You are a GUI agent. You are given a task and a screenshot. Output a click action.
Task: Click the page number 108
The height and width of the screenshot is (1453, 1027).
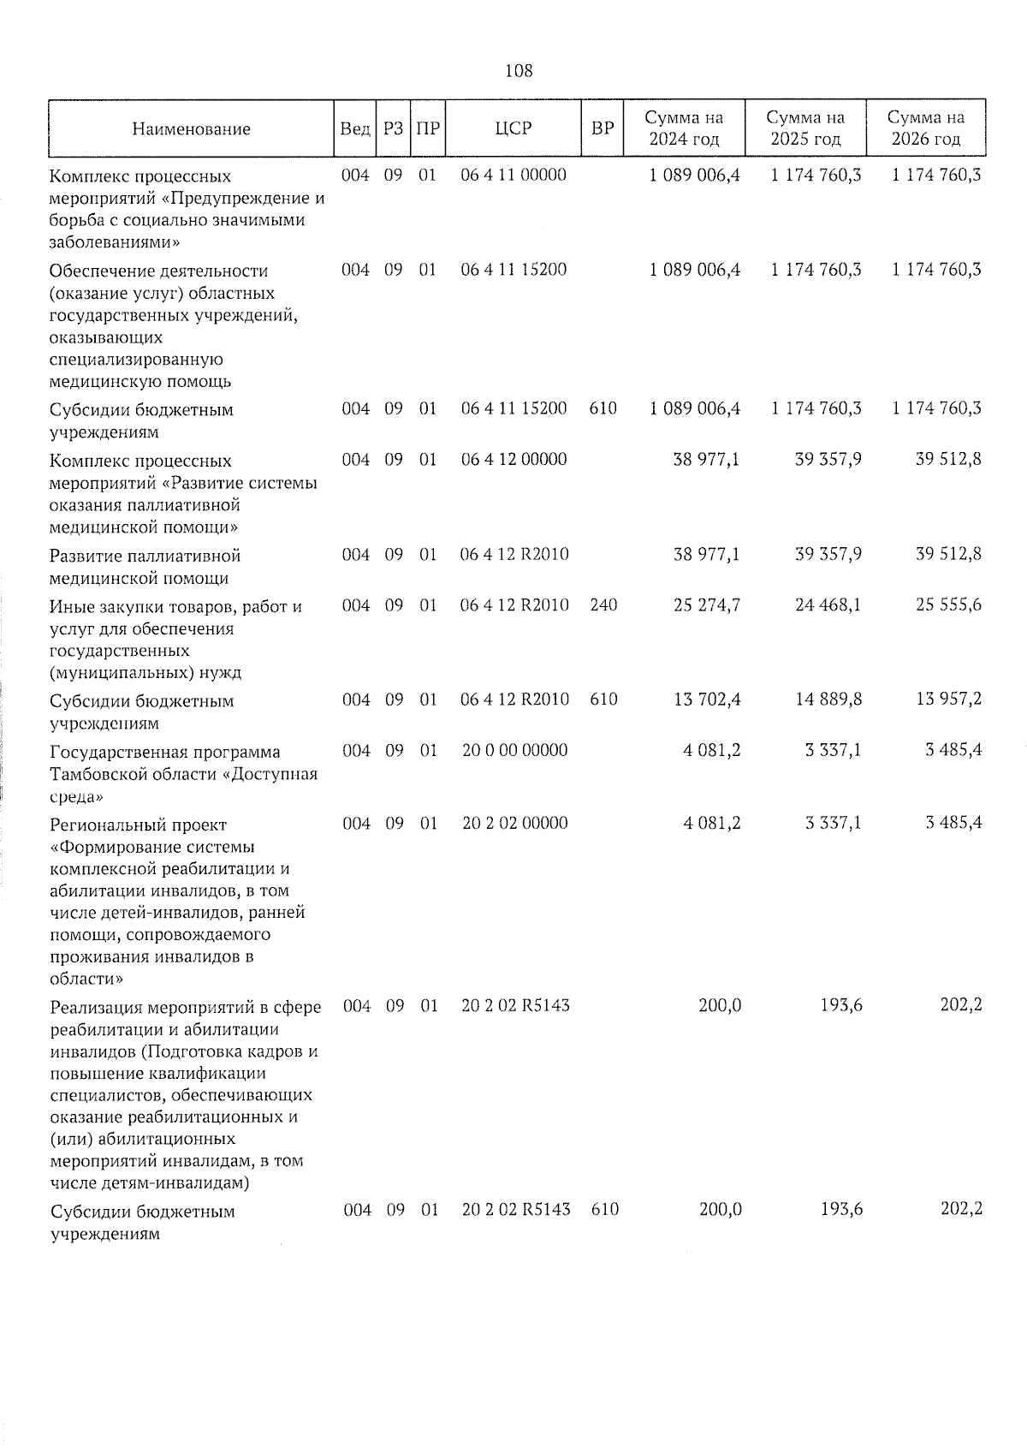[519, 71]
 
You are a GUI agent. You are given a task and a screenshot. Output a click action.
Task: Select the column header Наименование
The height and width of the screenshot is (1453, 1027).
[192, 129]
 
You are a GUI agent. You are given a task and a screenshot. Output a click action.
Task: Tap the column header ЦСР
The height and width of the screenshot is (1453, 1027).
[513, 128]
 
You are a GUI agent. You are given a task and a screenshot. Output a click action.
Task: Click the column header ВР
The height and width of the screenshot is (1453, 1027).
[603, 128]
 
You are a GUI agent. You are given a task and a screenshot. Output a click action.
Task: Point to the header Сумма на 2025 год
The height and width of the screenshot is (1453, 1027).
[805, 128]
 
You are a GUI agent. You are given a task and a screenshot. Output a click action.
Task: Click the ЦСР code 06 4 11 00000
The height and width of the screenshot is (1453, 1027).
[513, 176]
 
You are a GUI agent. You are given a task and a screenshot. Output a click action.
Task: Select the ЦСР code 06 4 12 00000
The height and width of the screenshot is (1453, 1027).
[513, 460]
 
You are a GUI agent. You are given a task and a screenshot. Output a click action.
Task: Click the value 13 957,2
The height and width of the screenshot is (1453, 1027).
[948, 700]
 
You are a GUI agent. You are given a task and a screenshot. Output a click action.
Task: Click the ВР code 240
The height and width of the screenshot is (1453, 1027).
[603, 605]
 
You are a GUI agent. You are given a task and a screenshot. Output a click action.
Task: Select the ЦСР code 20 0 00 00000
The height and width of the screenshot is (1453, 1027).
[514, 751]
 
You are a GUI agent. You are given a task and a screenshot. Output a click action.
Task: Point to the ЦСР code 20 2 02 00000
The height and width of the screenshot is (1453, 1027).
[514, 824]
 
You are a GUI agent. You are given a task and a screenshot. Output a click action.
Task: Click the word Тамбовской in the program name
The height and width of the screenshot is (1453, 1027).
[97, 774]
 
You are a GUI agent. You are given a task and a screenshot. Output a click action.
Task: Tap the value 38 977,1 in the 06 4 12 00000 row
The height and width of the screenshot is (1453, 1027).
[707, 460]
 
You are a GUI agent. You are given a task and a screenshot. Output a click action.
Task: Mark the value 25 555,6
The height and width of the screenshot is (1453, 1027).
[948, 605]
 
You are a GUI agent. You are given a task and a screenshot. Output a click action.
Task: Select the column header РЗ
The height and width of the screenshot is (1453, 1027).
[393, 128]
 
